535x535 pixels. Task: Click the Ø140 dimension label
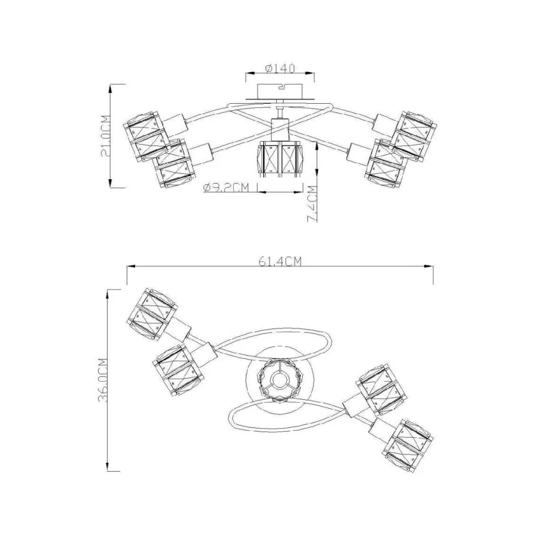tap(280, 68)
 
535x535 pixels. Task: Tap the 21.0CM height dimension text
tap(106, 136)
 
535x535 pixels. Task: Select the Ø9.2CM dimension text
tap(226, 188)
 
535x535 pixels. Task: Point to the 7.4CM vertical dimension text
tap(312, 204)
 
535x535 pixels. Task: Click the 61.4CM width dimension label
tap(280, 261)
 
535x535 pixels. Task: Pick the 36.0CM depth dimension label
tap(103, 380)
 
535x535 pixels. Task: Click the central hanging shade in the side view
tap(280, 160)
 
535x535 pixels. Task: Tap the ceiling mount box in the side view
tap(280, 92)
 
